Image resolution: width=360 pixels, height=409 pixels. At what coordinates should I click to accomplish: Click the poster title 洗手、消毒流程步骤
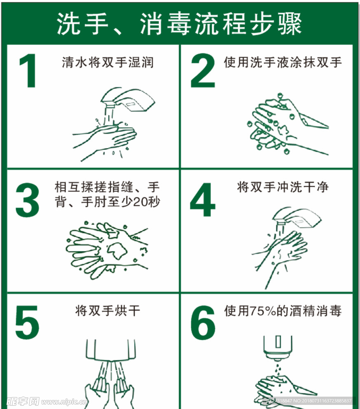pos(179,23)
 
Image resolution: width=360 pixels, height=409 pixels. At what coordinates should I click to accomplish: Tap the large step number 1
pos(28,70)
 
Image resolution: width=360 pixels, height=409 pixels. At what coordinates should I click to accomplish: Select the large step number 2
pos(203,70)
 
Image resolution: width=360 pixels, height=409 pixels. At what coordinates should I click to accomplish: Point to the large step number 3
pos(27,200)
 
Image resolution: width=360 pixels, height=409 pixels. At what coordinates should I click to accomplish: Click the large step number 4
pos(203,200)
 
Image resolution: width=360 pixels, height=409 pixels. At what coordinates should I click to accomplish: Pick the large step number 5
pos(27,323)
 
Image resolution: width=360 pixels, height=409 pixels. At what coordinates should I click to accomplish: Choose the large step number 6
pos(203,323)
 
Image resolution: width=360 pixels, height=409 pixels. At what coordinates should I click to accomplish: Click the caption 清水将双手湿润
pos(108,63)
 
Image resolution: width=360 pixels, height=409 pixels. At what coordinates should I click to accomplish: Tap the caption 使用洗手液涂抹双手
pos(283,63)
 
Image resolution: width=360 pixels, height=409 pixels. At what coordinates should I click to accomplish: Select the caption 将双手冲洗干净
pos(283,187)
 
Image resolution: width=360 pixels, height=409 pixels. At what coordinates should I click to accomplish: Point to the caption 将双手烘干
pos(108,311)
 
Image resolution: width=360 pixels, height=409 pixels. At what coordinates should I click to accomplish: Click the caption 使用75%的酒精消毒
pos(283,311)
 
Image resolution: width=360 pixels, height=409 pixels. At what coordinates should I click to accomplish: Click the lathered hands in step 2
pos(287,124)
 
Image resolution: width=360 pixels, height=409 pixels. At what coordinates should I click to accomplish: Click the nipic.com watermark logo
pos(46,401)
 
